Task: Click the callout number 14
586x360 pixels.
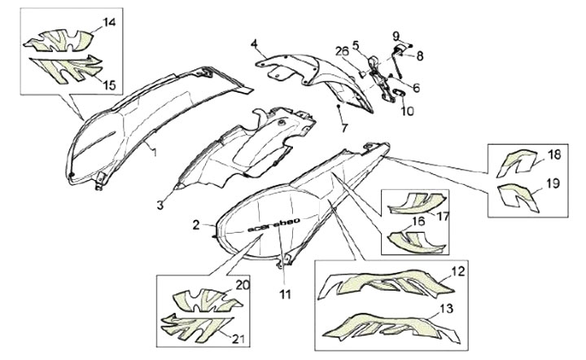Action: coord(109,23)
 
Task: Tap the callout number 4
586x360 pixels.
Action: coord(254,44)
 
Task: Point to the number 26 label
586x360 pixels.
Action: coord(342,50)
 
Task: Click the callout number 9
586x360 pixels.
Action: coord(396,37)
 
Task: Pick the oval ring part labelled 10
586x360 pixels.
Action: coord(398,93)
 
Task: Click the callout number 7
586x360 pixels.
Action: coord(343,128)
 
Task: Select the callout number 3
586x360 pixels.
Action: coord(160,205)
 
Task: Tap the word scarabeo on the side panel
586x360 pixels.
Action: coord(274,226)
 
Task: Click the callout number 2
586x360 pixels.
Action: coord(197,225)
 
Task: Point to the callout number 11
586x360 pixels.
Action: coord(285,294)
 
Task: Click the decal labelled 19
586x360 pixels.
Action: coord(518,197)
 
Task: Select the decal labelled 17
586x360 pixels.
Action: coord(417,203)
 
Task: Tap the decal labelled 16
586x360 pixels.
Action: coord(416,241)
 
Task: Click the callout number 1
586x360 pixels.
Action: coord(154,151)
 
